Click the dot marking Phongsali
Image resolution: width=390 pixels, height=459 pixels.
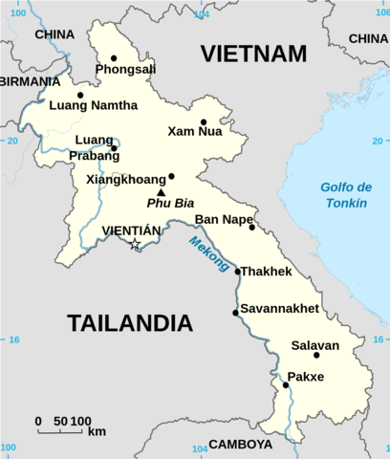114,58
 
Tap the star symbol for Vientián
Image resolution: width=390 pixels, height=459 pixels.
135,245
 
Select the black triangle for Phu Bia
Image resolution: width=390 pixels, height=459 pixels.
161,192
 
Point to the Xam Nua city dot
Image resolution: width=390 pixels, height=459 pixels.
204,122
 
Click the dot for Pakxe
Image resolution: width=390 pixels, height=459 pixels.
286,385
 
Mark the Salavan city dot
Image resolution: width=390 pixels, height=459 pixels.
316,356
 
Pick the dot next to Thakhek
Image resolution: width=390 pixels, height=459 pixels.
238,272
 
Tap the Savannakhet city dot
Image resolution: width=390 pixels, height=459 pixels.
235,313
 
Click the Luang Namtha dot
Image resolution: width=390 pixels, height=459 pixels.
80,95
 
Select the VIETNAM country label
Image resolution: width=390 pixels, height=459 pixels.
253,54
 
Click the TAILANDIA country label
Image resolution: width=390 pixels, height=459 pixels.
124,323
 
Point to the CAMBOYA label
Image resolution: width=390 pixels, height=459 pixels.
240,445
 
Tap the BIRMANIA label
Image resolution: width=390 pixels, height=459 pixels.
30,81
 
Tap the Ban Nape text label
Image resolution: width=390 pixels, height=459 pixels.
222,219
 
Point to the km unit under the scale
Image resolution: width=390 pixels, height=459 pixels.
97,432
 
